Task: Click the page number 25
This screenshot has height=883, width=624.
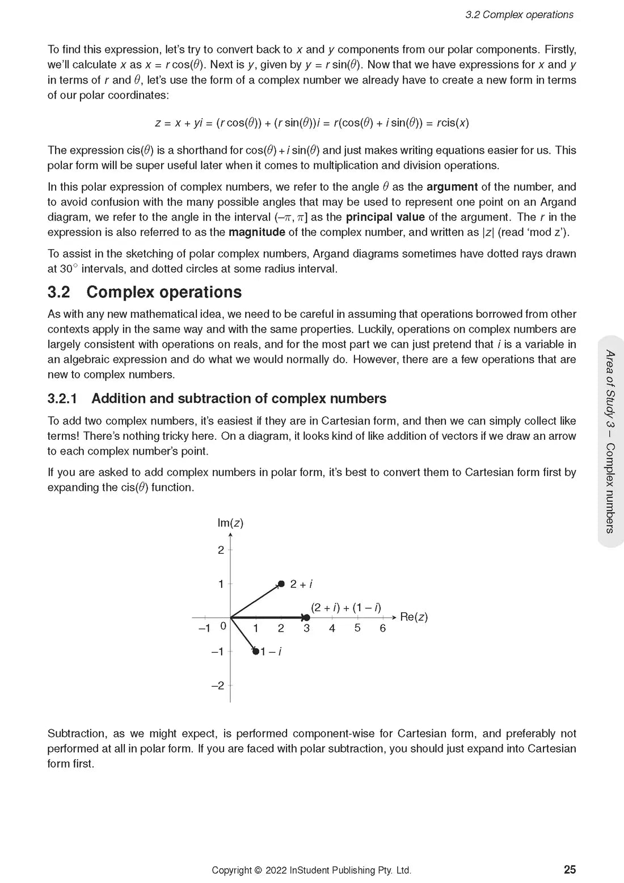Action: (x=570, y=869)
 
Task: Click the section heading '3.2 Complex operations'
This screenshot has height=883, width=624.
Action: (x=145, y=292)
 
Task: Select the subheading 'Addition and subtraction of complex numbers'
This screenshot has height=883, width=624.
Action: (x=217, y=398)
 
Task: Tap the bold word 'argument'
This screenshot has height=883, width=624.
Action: (x=452, y=187)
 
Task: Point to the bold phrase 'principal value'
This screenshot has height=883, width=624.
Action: (x=385, y=217)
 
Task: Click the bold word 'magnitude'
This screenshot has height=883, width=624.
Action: (x=256, y=232)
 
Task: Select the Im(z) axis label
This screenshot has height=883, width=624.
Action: (x=230, y=523)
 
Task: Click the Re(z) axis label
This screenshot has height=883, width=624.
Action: (x=414, y=617)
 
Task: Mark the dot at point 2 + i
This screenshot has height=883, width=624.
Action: (x=281, y=584)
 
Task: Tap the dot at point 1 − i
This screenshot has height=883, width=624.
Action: (x=256, y=651)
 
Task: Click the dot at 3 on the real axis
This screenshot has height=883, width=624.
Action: (x=306, y=617)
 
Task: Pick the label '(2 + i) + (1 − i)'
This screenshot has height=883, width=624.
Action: (x=346, y=607)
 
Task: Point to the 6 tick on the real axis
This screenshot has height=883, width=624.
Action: (x=383, y=628)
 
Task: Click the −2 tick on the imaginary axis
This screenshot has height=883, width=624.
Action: (x=218, y=686)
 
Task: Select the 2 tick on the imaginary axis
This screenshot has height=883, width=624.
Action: (x=221, y=550)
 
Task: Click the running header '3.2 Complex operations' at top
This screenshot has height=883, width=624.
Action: (x=519, y=15)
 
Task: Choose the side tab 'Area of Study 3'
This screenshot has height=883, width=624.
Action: (x=610, y=392)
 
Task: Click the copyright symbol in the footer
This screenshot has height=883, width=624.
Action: (x=258, y=870)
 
